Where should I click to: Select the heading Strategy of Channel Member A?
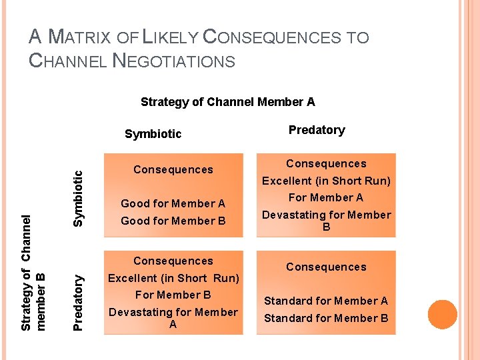click(x=227, y=102)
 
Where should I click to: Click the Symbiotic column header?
click(x=153, y=134)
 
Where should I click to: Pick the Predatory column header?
click(x=317, y=130)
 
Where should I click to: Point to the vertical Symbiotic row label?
click(x=79, y=198)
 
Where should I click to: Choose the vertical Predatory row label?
click(x=79, y=293)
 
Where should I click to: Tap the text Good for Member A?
click(x=173, y=204)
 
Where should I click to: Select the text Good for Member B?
click(x=173, y=221)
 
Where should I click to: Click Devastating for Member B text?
click(x=326, y=221)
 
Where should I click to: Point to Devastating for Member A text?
click(x=173, y=318)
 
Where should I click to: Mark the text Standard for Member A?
click(x=326, y=301)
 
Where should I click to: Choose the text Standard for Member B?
click(x=326, y=318)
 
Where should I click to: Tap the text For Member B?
click(x=173, y=295)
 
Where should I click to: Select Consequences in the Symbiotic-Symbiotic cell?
click(x=173, y=170)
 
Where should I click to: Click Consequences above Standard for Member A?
click(x=326, y=267)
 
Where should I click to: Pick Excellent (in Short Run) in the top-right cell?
click(x=326, y=181)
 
